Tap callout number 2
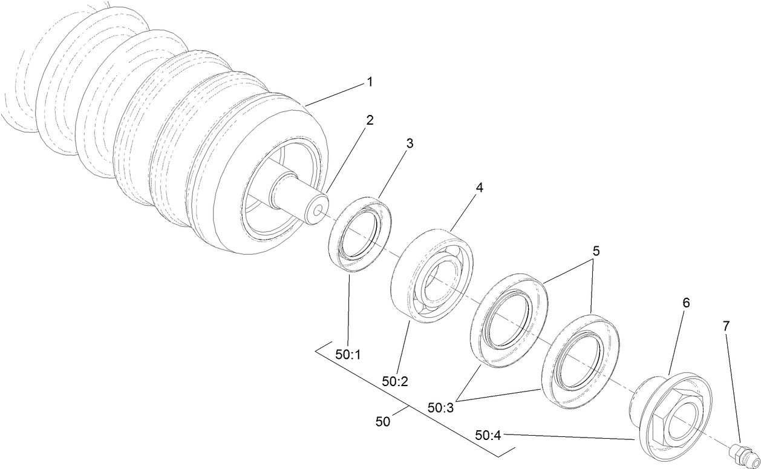(x=369, y=119)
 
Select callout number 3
(x=410, y=143)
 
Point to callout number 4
(x=479, y=188)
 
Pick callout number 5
(x=596, y=251)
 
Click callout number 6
(x=685, y=303)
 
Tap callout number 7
(x=726, y=326)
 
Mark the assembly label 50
(x=383, y=422)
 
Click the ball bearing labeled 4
(x=432, y=275)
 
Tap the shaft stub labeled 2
(x=299, y=200)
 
